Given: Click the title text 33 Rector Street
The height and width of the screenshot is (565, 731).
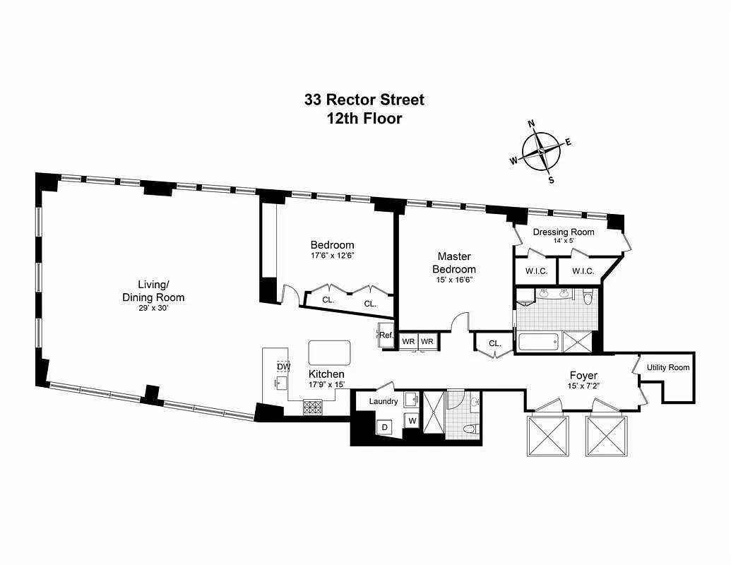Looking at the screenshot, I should coord(364,100).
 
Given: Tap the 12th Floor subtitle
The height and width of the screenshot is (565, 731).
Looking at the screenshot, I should coord(364,119).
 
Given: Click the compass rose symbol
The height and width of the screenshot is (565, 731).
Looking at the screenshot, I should coord(541,152).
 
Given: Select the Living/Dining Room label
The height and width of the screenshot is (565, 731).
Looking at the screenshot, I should coord(153,290).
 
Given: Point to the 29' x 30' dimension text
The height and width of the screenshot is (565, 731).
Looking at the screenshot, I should coord(153,308).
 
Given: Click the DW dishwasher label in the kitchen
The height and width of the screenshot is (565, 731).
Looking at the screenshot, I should coord(283,367).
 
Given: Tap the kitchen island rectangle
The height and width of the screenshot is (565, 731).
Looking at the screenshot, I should coord(329,352).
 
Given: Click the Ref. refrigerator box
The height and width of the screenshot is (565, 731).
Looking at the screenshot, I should coord(386,335).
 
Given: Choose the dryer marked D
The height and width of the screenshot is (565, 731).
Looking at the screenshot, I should coord(385,427).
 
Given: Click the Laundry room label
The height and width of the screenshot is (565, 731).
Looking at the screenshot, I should coord(384,401).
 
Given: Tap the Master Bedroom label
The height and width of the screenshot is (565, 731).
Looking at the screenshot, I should coord(453,262).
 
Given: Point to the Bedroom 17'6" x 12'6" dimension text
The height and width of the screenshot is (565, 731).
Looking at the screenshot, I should coord(332,256).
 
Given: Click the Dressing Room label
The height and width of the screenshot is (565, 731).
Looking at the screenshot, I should coord(563,232).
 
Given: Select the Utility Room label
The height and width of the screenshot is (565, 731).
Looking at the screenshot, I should coord(667,367).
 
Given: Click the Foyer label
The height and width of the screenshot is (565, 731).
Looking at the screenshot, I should coord(583,375).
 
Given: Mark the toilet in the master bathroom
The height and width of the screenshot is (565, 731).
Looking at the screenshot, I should coord(588,298).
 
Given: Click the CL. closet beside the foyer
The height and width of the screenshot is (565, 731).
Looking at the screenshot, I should coord(494,344).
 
